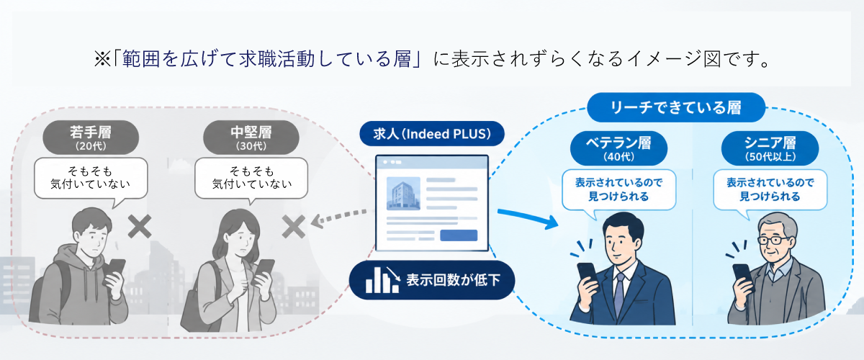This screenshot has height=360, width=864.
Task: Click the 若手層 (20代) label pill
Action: pos(91,138)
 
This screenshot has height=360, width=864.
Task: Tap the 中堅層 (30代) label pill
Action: pos(251,138)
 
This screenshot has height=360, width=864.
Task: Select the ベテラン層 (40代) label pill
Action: pos(618,148)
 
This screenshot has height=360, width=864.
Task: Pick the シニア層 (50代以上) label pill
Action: pos(770,148)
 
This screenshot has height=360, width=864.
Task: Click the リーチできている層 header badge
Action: pos(676,107)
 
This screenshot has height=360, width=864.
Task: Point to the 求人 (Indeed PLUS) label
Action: pos(432,133)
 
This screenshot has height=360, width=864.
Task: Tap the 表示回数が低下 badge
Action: pos(432,280)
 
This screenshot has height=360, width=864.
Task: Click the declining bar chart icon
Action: pos(382,280)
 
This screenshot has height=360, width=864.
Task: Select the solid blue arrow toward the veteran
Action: pos(528,218)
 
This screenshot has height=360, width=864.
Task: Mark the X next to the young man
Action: pos(140,227)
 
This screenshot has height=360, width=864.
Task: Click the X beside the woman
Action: pos(294,227)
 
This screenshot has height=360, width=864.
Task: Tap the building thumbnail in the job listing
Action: pos(403,193)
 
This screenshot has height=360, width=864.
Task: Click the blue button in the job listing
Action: pos(459,235)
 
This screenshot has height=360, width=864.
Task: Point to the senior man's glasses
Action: pos(773,240)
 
